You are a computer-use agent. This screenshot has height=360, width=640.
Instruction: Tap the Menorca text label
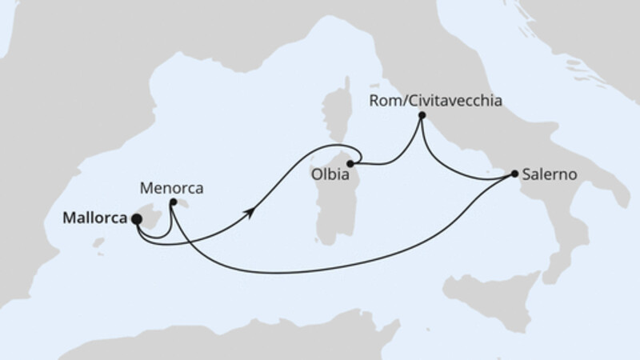(x=171, y=189)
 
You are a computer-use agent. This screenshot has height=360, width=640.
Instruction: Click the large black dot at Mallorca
(x=137, y=218)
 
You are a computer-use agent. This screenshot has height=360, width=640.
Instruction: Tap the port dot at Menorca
(x=173, y=202)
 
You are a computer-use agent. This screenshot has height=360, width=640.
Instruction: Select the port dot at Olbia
(x=350, y=163)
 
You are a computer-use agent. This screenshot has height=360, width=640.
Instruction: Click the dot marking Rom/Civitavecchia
(x=421, y=117)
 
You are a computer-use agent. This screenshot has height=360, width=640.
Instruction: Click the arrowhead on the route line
(x=253, y=210)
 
